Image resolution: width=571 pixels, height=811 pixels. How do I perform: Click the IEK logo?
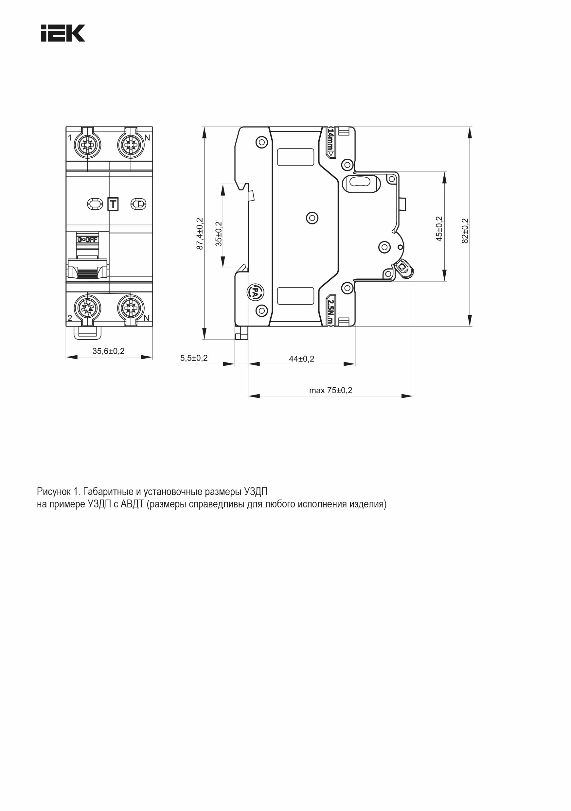tap(63, 33)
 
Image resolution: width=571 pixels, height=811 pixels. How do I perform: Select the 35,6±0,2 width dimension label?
tap(109, 351)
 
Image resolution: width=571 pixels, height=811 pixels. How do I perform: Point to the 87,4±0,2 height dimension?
tap(200, 234)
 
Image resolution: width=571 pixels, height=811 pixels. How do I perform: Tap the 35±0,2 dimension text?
tap(219, 234)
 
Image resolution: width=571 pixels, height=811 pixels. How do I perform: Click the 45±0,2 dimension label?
tap(439, 229)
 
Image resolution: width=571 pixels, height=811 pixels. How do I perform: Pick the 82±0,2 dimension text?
tap(465, 231)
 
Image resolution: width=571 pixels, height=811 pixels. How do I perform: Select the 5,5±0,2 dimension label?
tap(194, 358)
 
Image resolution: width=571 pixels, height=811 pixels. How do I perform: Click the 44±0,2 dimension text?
tap(301, 359)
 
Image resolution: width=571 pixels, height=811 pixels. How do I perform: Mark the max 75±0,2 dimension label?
tap(331, 390)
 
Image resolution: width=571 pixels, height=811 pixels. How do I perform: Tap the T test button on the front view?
tap(113, 204)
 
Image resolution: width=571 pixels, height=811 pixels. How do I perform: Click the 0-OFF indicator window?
tap(88, 239)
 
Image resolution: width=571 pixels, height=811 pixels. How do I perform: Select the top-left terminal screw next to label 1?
tap(87, 145)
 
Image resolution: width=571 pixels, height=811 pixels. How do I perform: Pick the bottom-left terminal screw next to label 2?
tap(87, 306)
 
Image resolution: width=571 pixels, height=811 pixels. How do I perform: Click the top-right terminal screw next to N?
tap(131, 145)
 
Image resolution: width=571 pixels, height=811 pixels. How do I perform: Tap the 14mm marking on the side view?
tap(330, 143)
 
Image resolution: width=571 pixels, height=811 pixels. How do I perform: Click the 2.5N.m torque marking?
tap(330, 310)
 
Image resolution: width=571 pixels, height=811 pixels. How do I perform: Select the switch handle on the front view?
tap(87, 270)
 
